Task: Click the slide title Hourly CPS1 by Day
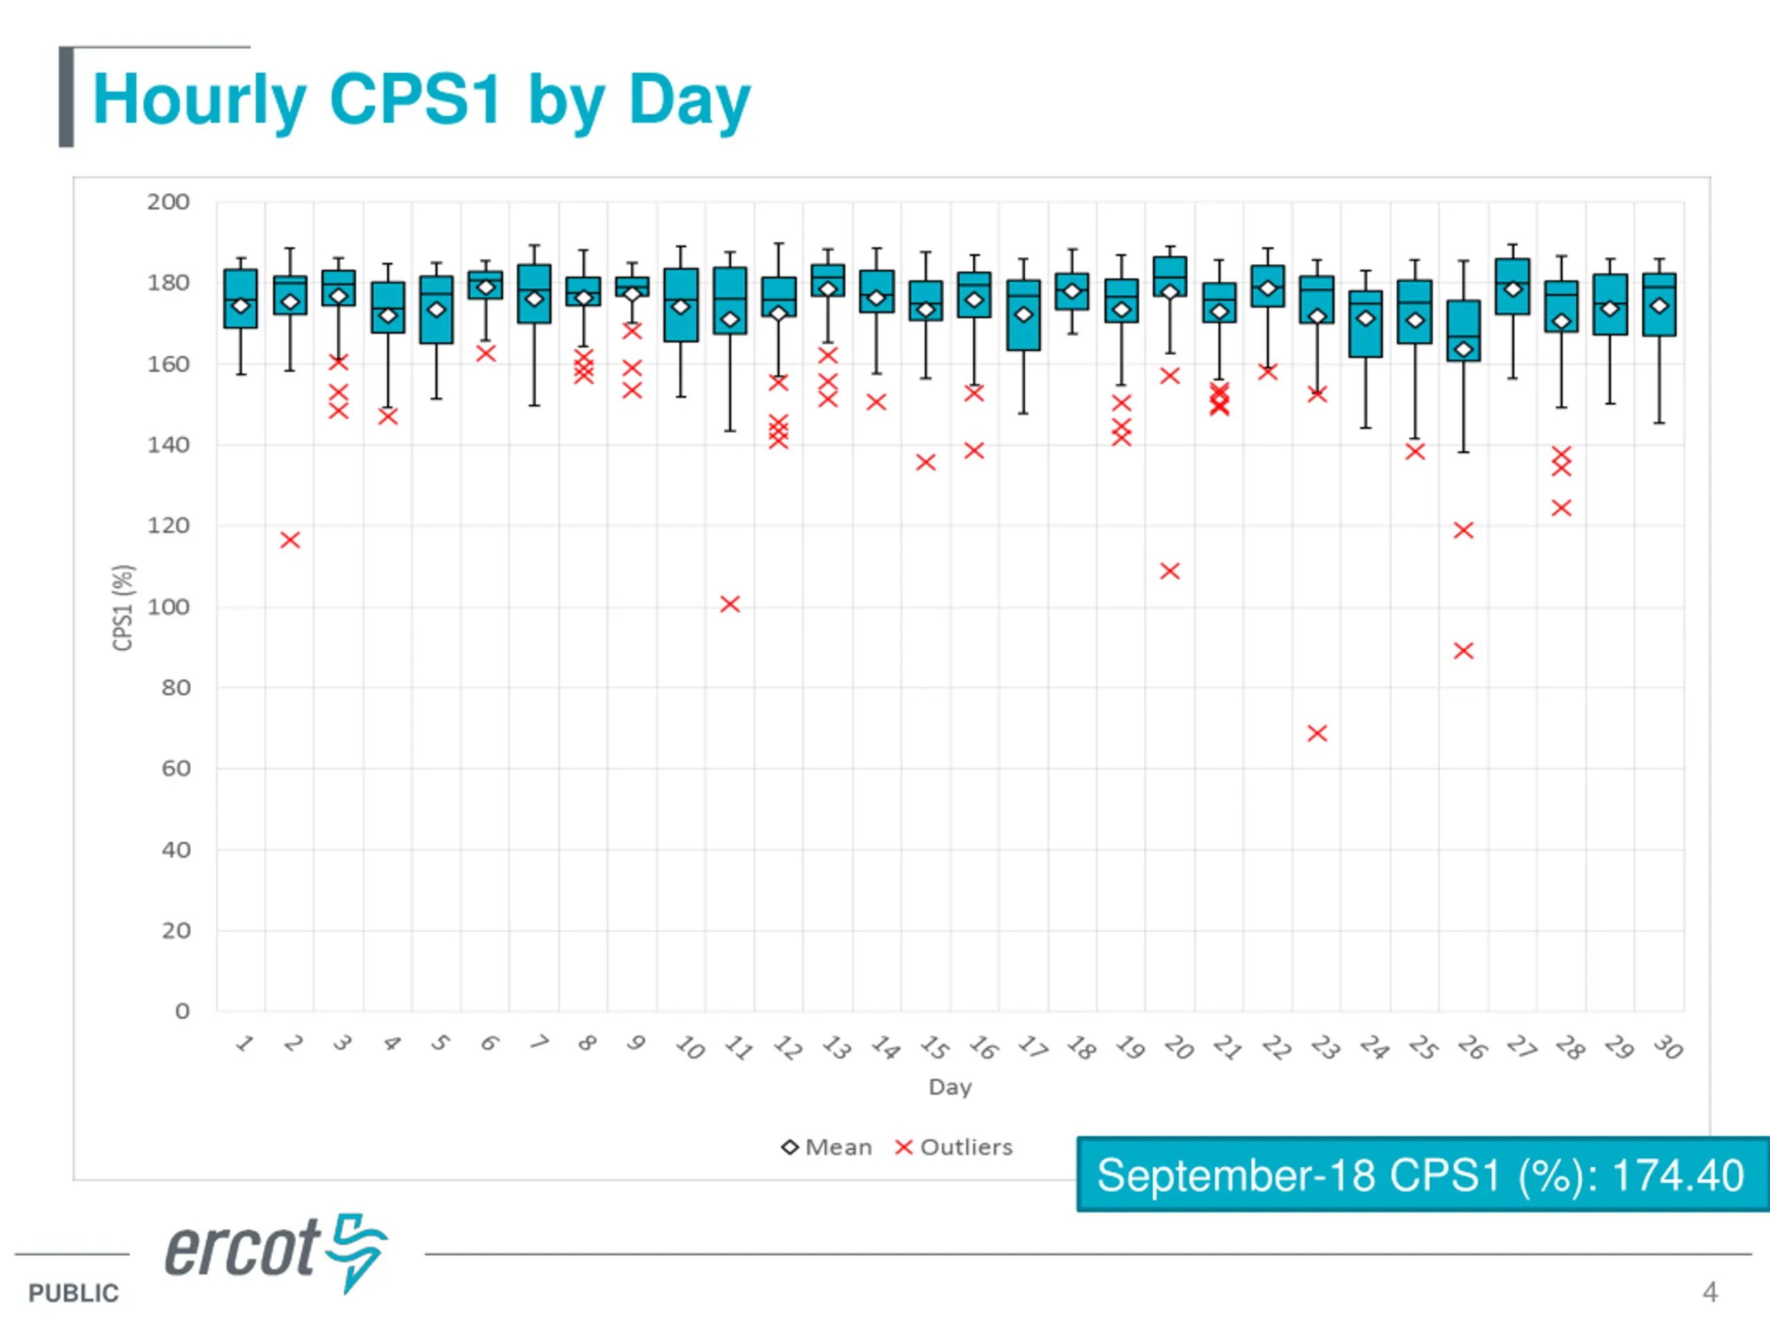(x=422, y=100)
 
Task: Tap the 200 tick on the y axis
(x=168, y=203)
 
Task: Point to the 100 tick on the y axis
(x=168, y=607)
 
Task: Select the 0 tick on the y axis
(x=183, y=1011)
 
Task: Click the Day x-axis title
(x=950, y=1087)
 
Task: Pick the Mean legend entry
(x=827, y=1147)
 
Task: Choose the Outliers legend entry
(x=954, y=1147)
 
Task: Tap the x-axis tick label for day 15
(x=933, y=1047)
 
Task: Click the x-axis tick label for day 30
(x=1668, y=1047)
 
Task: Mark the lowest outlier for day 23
(x=1317, y=733)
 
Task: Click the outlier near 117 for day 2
(x=290, y=540)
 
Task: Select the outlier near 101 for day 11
(x=729, y=605)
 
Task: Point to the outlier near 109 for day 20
(x=1170, y=571)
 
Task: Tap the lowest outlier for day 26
(x=1464, y=651)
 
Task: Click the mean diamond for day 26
(x=1464, y=349)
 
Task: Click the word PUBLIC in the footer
(x=73, y=1293)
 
